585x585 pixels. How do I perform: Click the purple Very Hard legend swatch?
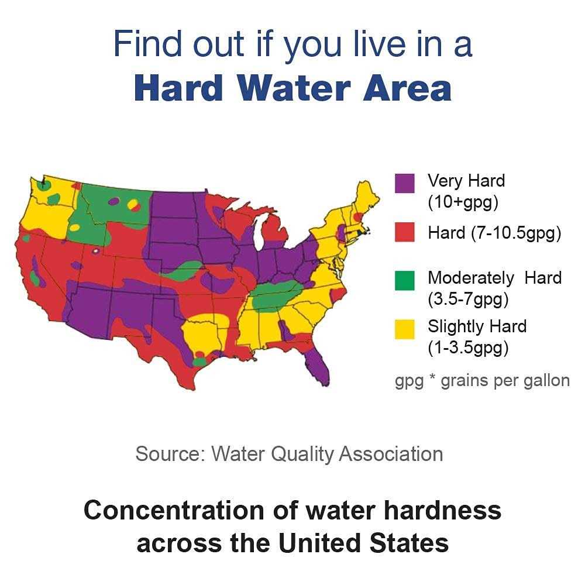point(405,183)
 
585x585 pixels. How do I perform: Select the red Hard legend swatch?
point(405,232)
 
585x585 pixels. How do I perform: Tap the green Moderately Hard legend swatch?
point(405,280)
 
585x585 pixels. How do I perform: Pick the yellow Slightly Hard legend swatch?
point(405,329)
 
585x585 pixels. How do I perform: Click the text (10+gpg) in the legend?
point(462,202)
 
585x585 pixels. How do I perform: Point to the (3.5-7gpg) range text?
point(468,300)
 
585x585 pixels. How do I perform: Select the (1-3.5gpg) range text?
point(468,348)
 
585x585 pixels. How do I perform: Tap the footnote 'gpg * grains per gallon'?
point(482,381)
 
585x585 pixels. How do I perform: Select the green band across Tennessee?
point(275,290)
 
